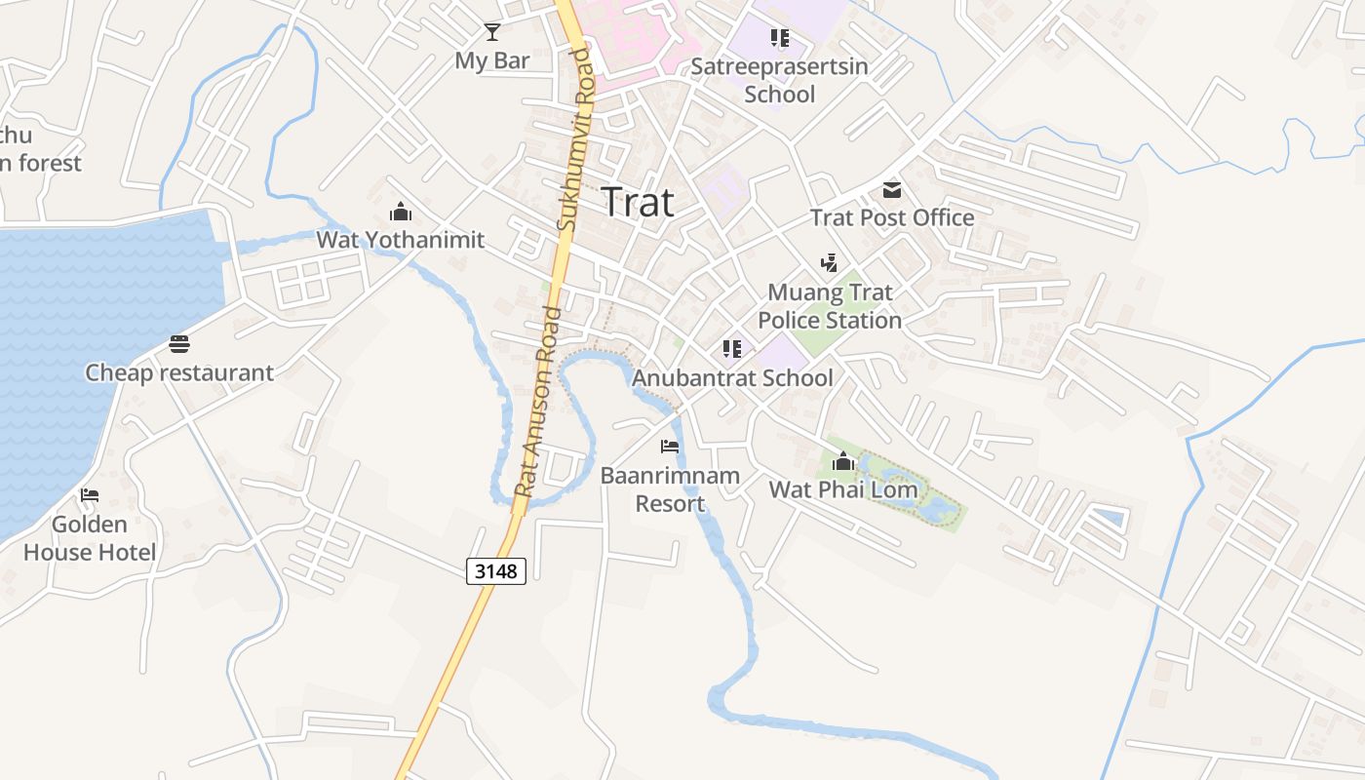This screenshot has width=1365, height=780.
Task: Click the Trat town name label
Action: coord(638,202)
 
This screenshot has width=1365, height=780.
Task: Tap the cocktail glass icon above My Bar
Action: coord(492,32)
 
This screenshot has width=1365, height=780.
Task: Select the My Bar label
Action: coord(492,60)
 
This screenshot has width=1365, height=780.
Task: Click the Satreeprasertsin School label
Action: coord(779,81)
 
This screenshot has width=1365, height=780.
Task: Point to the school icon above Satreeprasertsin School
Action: coord(779,38)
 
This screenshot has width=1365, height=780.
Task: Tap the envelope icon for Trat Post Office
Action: coord(892,189)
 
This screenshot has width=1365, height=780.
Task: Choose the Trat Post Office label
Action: coord(892,217)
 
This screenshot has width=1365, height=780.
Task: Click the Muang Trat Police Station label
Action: coord(830,306)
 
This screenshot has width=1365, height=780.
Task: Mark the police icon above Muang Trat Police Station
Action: coord(829,262)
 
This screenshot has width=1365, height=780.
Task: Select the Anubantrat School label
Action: coord(732,377)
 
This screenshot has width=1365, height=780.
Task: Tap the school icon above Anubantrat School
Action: coord(732,349)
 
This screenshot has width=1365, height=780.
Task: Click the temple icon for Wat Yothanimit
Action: coord(400,212)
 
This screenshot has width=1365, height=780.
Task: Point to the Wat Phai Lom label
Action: coord(843,489)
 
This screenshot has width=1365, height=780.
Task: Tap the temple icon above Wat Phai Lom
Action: coord(843,461)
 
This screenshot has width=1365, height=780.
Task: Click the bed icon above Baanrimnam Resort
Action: coord(670,447)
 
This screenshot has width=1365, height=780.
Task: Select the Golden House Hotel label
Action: coord(90,538)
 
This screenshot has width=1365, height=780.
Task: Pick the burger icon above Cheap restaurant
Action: coord(178,344)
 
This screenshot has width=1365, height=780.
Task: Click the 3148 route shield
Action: coord(496,570)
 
